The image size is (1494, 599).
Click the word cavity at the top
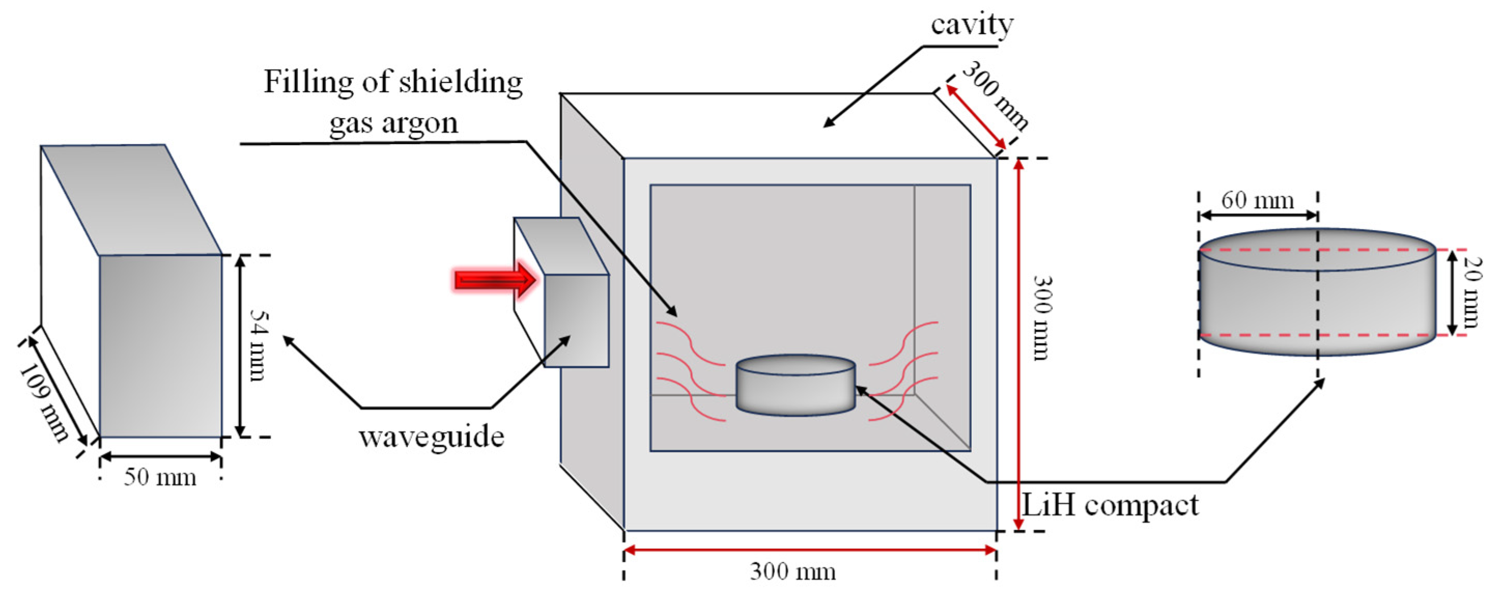coord(972,25)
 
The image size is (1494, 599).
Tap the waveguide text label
coord(432,437)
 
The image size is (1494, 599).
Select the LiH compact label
coord(1109,506)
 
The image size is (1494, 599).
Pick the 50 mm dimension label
coord(160,477)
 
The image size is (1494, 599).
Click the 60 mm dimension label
coord(1257,201)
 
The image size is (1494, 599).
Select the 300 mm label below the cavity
coord(793,572)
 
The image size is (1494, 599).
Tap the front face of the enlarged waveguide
coord(161,346)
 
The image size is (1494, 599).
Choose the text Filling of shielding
coord(393,82)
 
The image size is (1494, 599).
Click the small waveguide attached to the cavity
coord(575,320)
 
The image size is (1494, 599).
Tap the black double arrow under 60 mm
coord(1258,216)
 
